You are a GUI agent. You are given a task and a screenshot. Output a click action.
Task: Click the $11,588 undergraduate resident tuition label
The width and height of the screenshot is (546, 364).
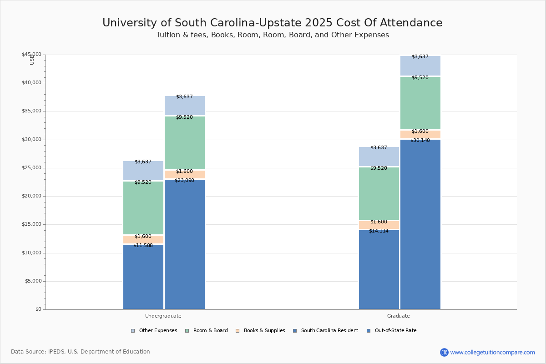143,246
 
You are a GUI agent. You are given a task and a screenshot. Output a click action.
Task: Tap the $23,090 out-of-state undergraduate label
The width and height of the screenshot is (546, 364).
184,181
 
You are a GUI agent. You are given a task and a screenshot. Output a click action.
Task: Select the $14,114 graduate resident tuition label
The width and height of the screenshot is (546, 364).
379,231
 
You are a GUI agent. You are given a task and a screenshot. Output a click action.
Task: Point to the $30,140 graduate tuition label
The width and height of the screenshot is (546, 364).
420,141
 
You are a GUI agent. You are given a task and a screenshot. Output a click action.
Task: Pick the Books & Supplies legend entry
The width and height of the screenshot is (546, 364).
260,331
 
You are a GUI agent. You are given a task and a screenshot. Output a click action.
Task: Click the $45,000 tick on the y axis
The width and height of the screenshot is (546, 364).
31,55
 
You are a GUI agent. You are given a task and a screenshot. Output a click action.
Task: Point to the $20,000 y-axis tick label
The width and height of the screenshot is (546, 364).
31,196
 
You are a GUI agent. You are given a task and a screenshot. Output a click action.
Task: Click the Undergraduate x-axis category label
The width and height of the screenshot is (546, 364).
163,316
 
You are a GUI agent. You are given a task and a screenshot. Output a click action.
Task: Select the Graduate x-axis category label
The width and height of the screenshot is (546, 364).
399,316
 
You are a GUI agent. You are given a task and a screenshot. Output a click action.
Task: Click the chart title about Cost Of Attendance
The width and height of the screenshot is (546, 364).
272,23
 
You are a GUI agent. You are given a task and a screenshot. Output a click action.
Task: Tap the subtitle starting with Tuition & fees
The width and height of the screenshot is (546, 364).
273,35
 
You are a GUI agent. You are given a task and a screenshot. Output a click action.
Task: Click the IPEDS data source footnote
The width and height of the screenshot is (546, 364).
81,352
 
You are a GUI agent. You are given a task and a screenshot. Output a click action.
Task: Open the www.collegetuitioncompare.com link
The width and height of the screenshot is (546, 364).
493,352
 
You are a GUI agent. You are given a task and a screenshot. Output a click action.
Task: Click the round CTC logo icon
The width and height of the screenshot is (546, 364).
444,352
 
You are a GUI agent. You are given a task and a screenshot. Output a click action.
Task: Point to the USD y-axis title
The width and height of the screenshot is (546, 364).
32,60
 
